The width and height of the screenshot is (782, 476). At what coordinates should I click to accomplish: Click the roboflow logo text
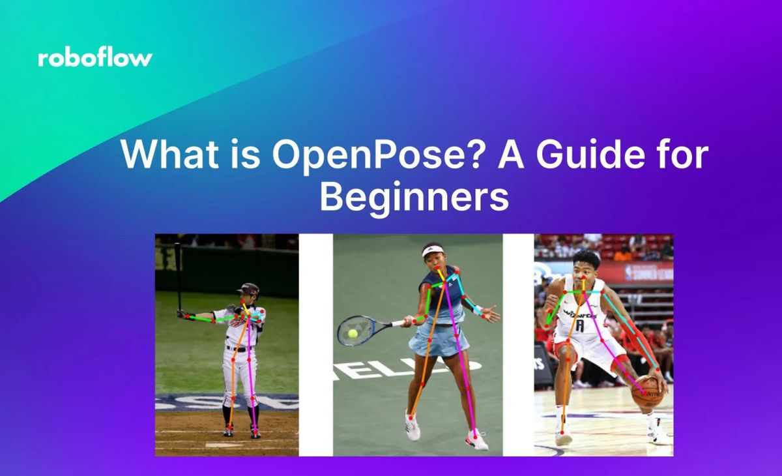tap(95, 58)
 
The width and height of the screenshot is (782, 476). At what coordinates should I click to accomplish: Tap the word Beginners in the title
tap(414, 198)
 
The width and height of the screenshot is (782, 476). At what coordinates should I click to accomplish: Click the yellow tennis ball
tap(353, 333)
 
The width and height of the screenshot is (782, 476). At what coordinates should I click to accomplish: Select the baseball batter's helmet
tap(249, 289)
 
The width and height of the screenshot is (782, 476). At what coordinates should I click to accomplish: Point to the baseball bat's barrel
tap(178, 261)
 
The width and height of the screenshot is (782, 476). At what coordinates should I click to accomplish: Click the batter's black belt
tap(239, 349)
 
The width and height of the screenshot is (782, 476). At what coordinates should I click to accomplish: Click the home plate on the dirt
tap(216, 445)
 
